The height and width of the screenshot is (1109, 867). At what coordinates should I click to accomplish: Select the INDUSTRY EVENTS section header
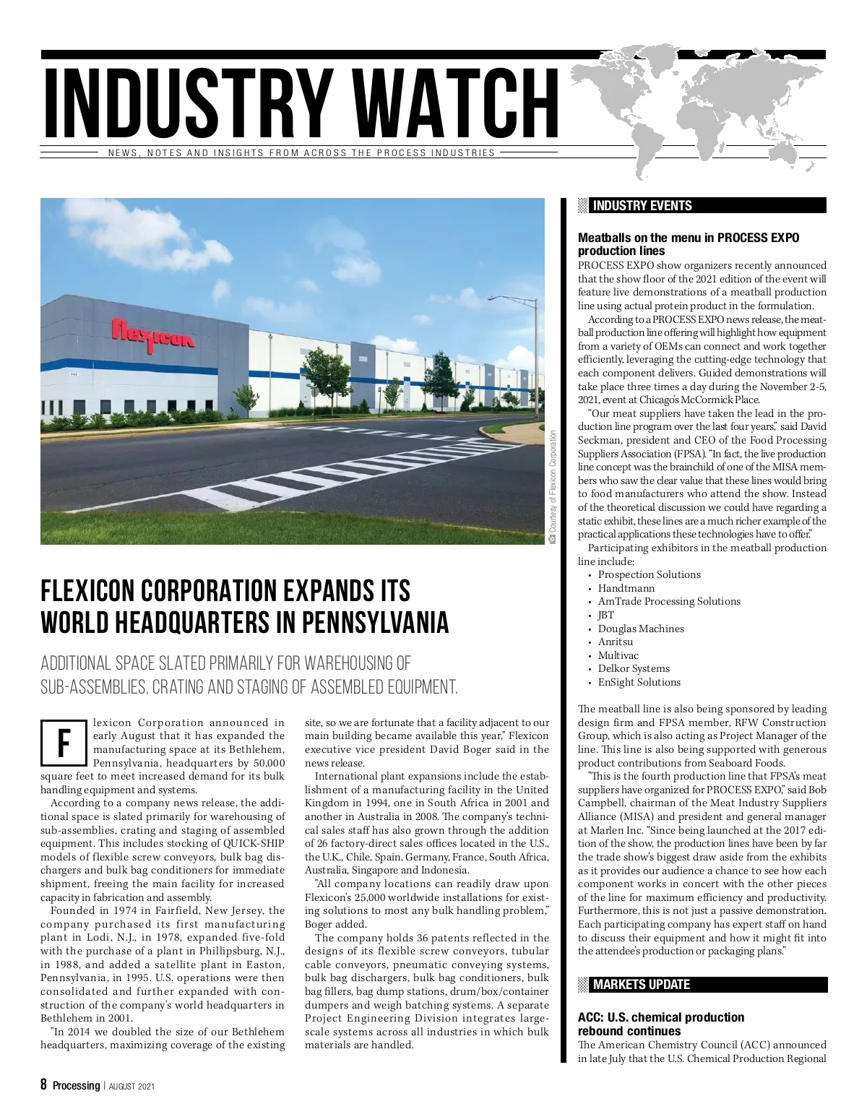tap(642, 206)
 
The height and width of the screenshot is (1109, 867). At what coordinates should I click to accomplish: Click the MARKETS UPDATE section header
tap(641, 985)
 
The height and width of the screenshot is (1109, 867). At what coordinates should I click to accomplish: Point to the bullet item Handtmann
tap(626, 588)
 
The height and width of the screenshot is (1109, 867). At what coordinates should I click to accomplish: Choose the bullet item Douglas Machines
tap(641, 629)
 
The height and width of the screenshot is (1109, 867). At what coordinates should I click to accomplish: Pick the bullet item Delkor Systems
tap(634, 668)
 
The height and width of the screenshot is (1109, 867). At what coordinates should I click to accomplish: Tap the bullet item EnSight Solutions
tap(639, 682)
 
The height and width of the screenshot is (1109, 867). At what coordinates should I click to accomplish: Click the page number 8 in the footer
tap(43, 1085)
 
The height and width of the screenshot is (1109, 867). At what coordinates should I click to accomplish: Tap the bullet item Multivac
tap(618, 655)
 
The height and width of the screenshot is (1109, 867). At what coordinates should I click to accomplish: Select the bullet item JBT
tap(605, 615)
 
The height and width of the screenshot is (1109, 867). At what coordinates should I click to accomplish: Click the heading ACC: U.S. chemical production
tap(660, 1017)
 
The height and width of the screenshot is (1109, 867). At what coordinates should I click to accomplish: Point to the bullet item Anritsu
tap(615, 642)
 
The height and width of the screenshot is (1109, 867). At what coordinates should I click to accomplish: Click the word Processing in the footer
tap(76, 1085)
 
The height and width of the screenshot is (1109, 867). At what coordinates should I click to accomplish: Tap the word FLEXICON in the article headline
tap(90, 591)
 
